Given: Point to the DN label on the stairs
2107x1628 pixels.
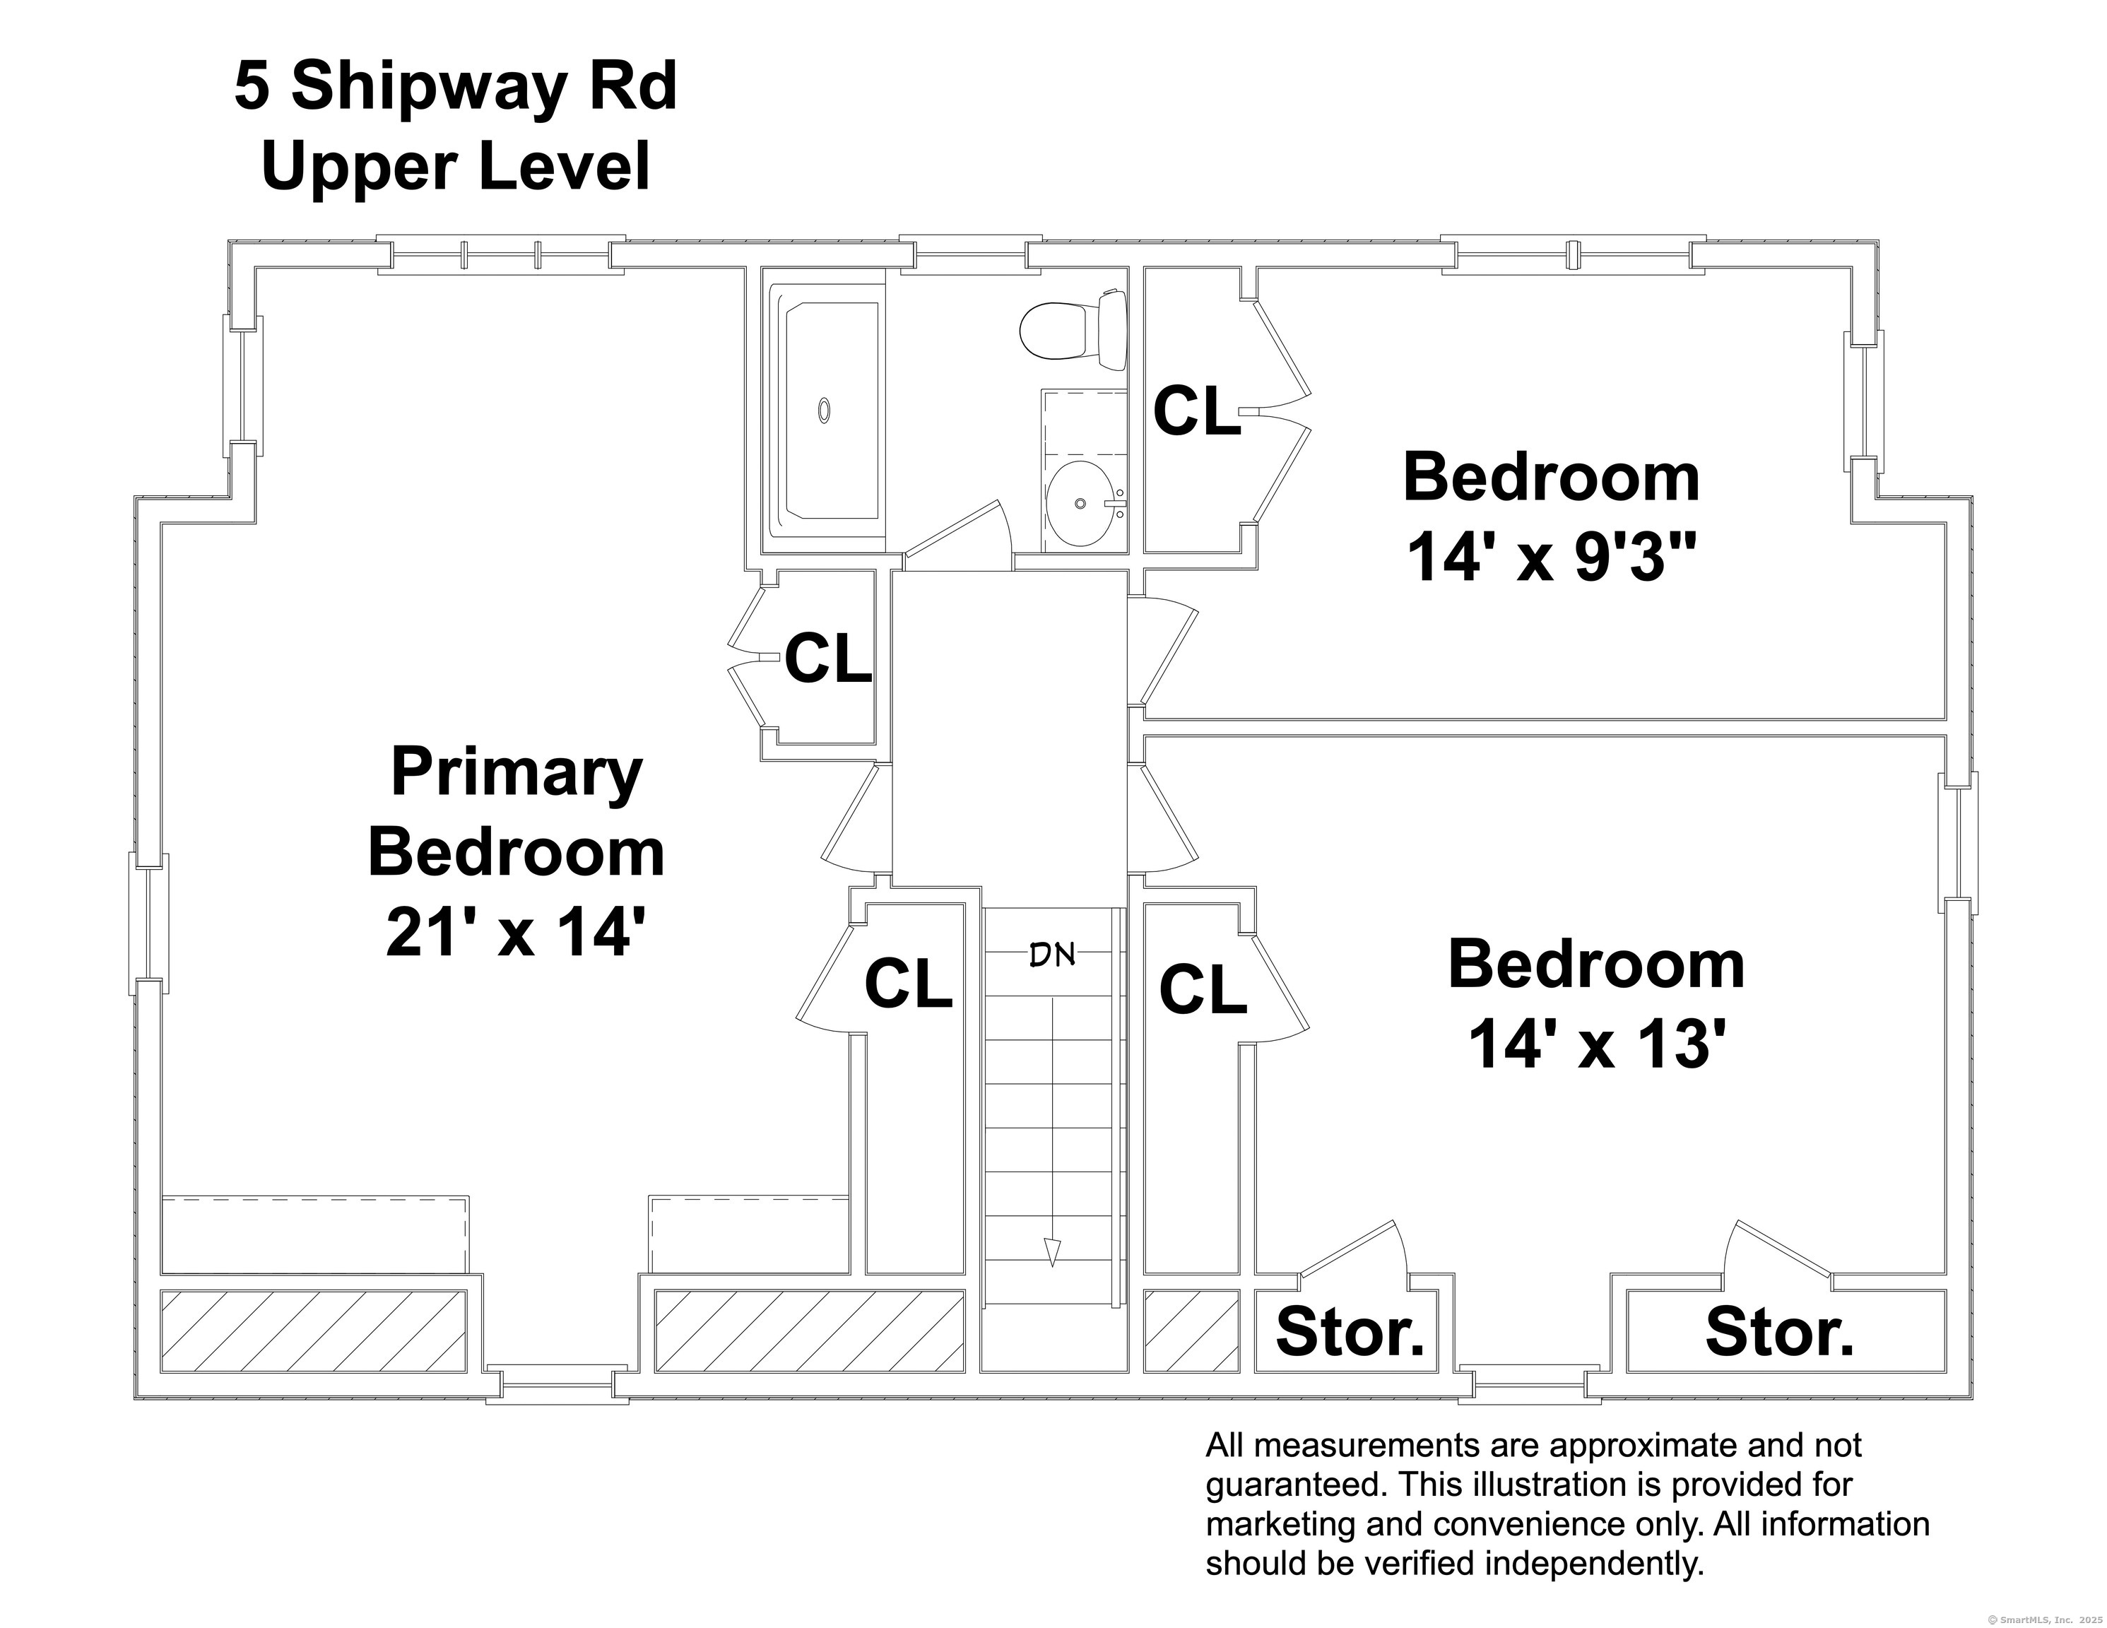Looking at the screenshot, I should click(x=1053, y=955).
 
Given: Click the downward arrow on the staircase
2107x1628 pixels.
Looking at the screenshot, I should click(x=1053, y=1251).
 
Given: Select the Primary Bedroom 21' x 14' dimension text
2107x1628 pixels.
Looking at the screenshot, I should click(x=514, y=933).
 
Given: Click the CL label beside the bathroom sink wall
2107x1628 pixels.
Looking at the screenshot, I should click(x=1196, y=411).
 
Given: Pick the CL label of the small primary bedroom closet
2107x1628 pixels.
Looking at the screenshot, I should click(x=828, y=659).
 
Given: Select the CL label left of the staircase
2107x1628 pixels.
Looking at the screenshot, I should click(x=908, y=984).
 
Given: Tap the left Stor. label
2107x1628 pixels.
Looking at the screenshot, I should click(x=1350, y=1332).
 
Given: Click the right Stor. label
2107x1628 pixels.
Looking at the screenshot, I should click(x=1780, y=1333).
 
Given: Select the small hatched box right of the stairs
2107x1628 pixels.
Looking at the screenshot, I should click(x=1191, y=1331).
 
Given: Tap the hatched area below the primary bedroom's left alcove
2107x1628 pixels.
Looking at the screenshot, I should click(x=314, y=1331).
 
